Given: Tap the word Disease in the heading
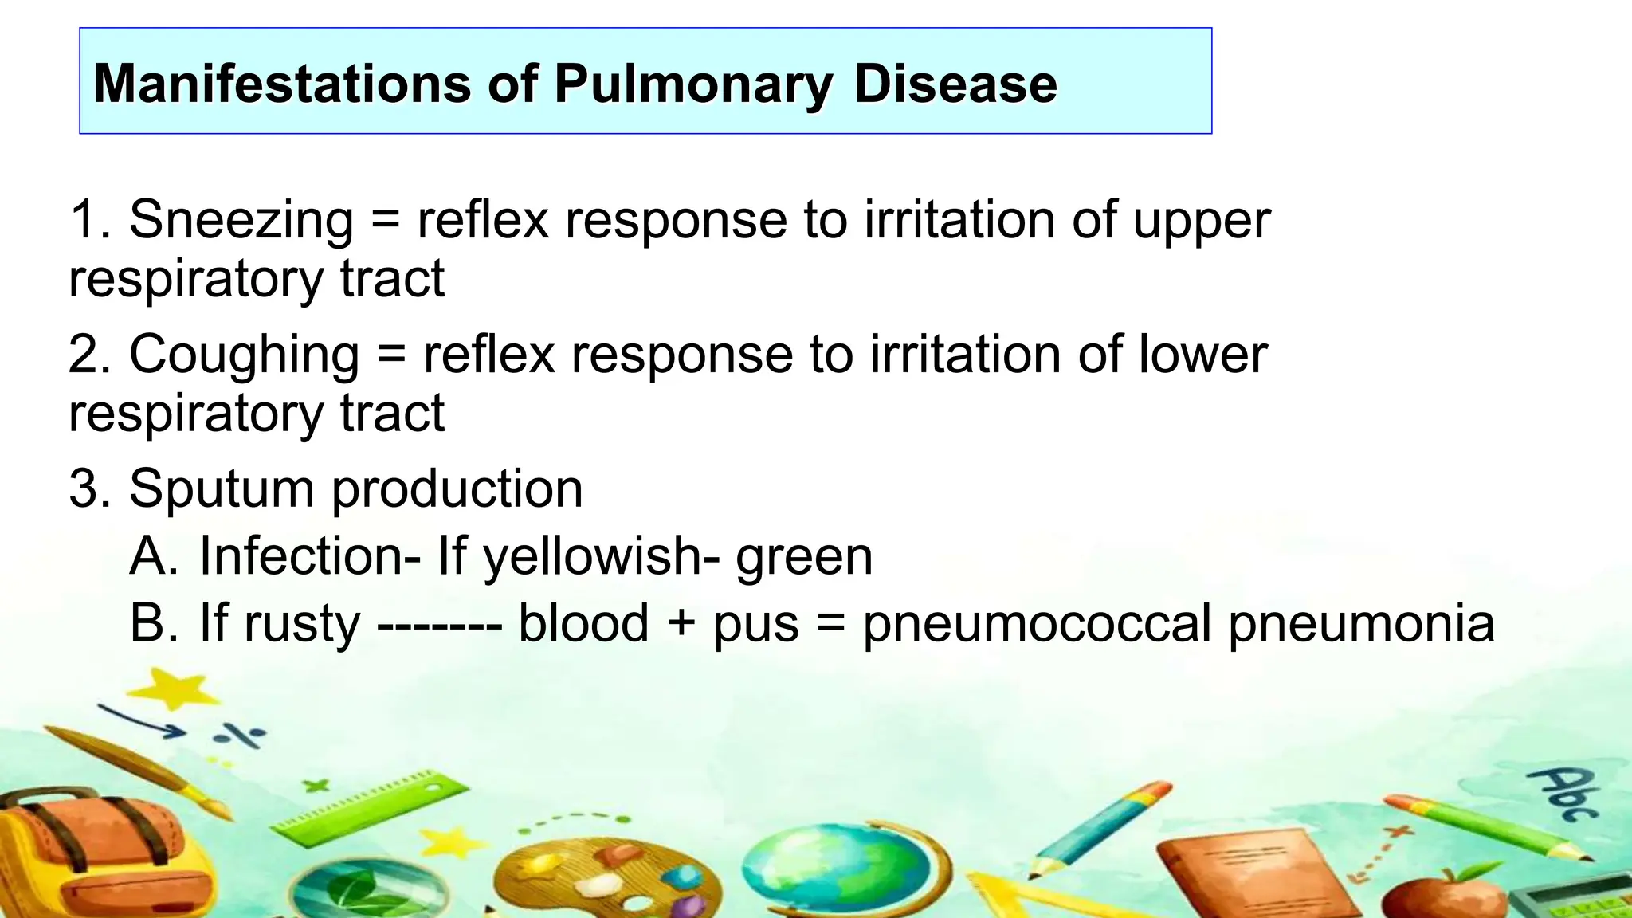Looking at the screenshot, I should pyautogui.click(x=955, y=84).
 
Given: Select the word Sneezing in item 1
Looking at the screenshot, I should pyautogui.click(x=241, y=220).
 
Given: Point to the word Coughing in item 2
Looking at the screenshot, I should pyautogui.click(x=244, y=355).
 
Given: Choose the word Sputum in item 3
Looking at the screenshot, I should pyautogui.click(x=222, y=489).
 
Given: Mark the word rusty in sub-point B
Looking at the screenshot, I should pyautogui.click(x=302, y=624).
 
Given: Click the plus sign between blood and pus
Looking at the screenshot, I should pyautogui.click(x=681, y=623).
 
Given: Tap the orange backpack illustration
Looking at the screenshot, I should pyautogui.click(x=96, y=853).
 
